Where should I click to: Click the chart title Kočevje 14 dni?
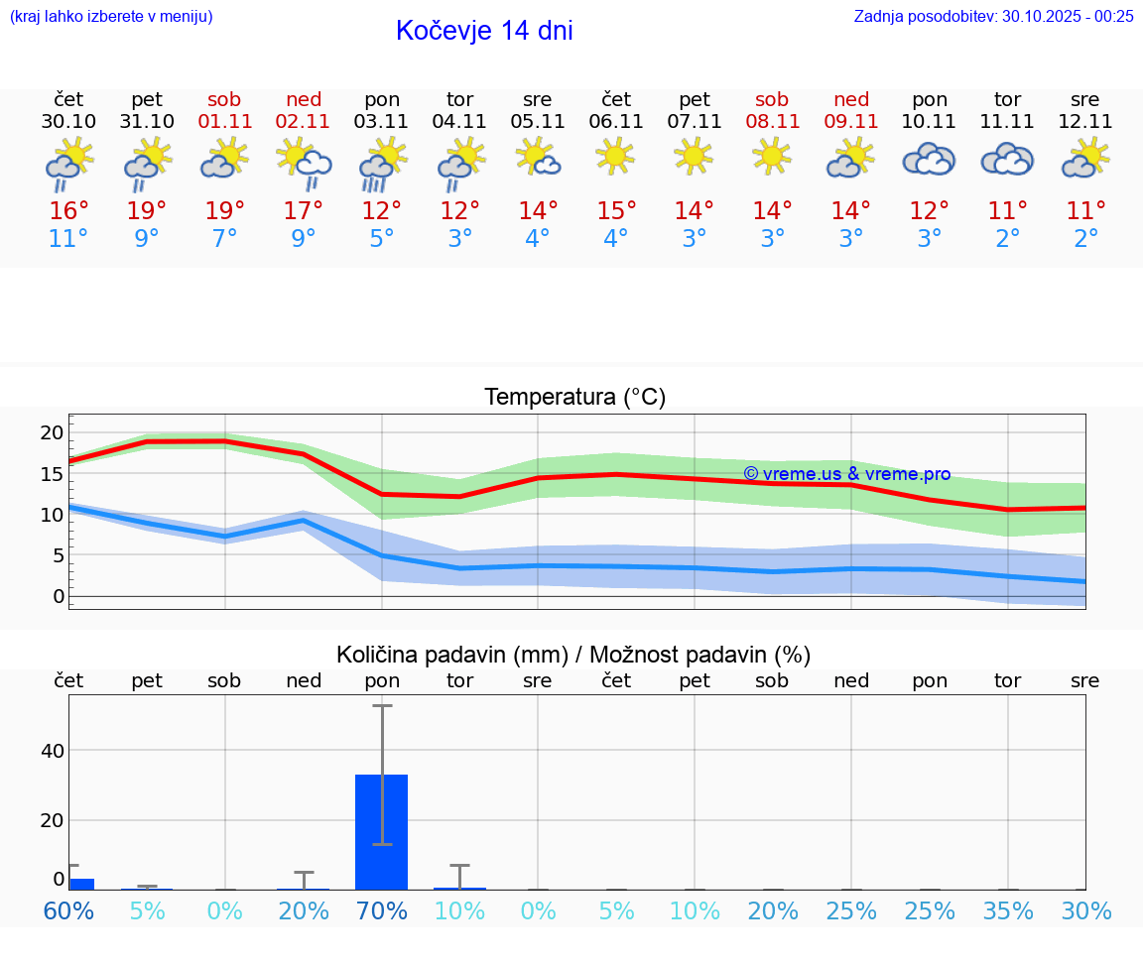pos(484,31)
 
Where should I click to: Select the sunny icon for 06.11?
pos(616,156)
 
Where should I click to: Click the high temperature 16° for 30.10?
pos(69,211)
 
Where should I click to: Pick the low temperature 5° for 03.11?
pos(382,239)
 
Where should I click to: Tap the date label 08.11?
pos(772,122)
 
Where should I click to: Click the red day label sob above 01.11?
pos(224,99)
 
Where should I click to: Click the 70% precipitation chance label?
pos(382,910)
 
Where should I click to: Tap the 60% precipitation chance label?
pos(69,910)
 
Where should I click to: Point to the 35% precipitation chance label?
pos(1008,910)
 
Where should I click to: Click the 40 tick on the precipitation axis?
pos(52,751)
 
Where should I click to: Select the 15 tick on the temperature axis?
pos(52,473)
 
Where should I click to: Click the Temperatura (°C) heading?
pos(574,398)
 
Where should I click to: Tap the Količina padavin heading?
pos(573,655)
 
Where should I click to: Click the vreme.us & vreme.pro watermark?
pos(846,474)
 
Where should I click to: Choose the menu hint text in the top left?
pos(111,16)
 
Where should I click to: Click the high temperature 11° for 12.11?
pos(1085,211)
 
